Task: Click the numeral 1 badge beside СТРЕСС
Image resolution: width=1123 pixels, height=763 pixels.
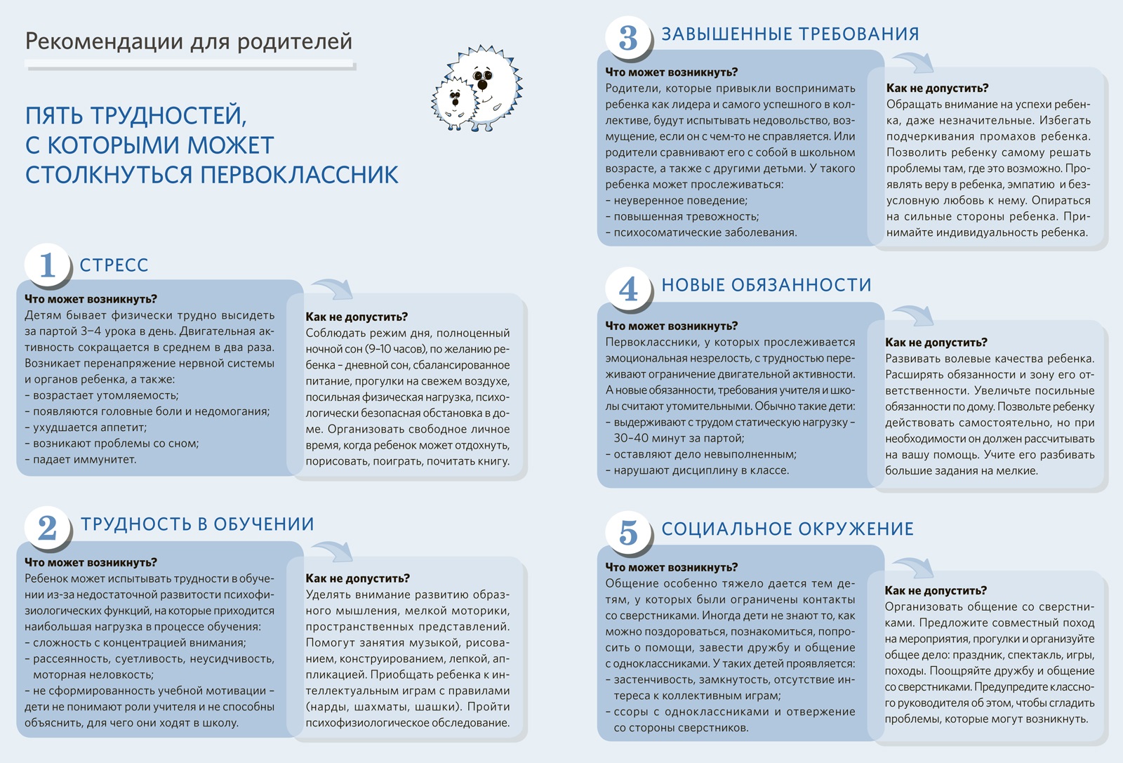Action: (x=48, y=265)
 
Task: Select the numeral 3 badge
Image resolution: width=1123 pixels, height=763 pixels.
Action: (x=628, y=37)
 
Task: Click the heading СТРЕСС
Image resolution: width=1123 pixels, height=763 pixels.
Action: (x=114, y=265)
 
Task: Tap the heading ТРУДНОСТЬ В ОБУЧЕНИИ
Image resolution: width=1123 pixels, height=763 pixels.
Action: (x=197, y=524)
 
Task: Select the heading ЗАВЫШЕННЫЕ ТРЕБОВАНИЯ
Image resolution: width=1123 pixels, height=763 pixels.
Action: (x=790, y=34)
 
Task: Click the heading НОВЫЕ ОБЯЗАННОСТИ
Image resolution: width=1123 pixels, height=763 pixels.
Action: (x=766, y=285)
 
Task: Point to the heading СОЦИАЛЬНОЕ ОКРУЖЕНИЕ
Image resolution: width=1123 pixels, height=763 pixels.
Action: (x=788, y=529)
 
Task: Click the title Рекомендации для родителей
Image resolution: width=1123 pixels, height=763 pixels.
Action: (x=188, y=41)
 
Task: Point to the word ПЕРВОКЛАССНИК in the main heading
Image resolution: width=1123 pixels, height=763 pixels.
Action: (x=300, y=175)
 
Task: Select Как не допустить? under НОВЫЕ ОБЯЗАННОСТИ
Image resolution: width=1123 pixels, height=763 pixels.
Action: (x=936, y=343)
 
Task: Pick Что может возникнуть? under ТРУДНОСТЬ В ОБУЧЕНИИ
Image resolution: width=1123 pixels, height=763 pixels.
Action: (x=91, y=562)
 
